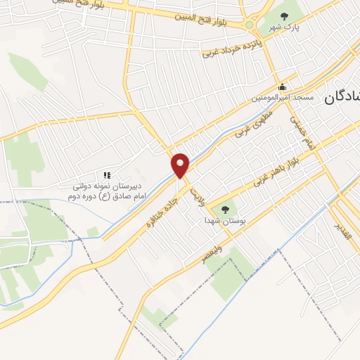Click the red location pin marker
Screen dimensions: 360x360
181,165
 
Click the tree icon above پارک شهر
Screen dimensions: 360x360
284,15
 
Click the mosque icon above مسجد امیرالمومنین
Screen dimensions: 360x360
283,87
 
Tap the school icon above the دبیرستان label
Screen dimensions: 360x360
107,175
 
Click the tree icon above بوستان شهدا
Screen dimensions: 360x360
226,209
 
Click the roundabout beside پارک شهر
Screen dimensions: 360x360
250,25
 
